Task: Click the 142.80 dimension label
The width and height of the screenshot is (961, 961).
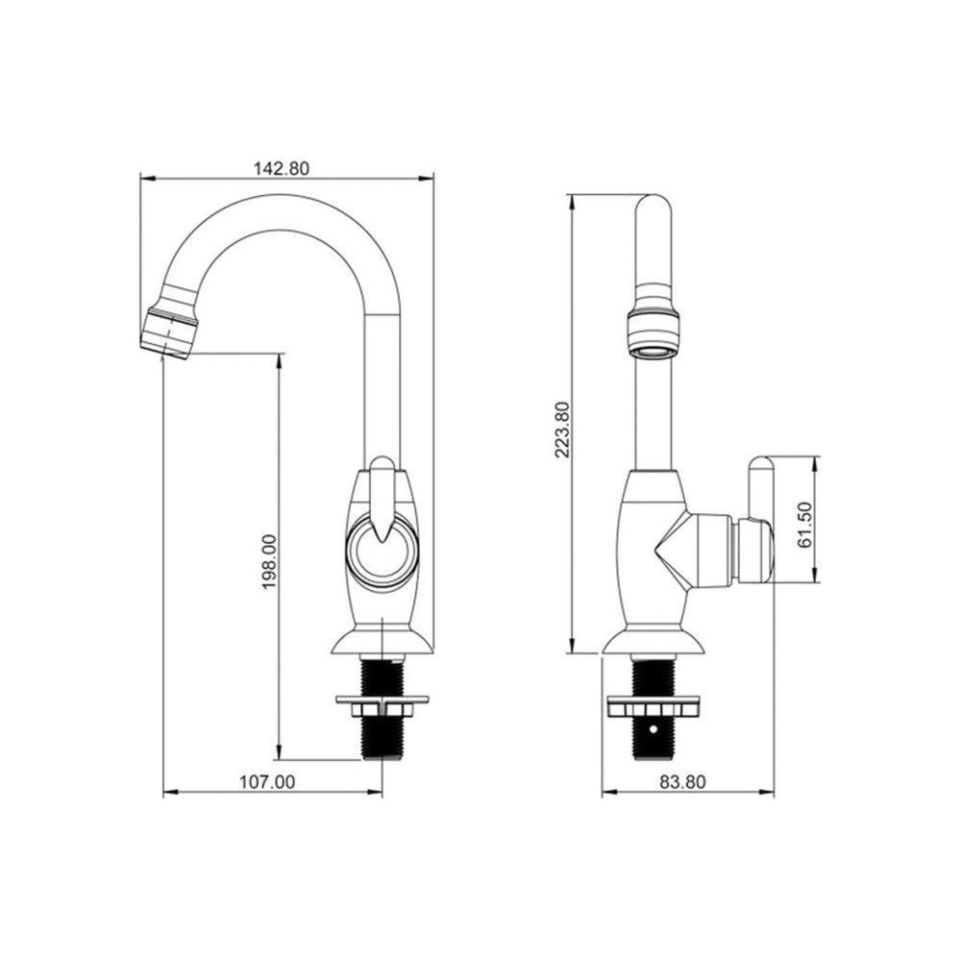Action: [x=282, y=168]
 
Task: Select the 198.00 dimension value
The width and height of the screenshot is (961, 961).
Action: [x=270, y=562]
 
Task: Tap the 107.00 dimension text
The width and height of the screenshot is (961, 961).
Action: [x=266, y=782]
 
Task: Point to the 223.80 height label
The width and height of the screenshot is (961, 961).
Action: [x=562, y=430]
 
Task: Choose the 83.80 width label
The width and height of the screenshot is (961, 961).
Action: [x=682, y=782]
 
